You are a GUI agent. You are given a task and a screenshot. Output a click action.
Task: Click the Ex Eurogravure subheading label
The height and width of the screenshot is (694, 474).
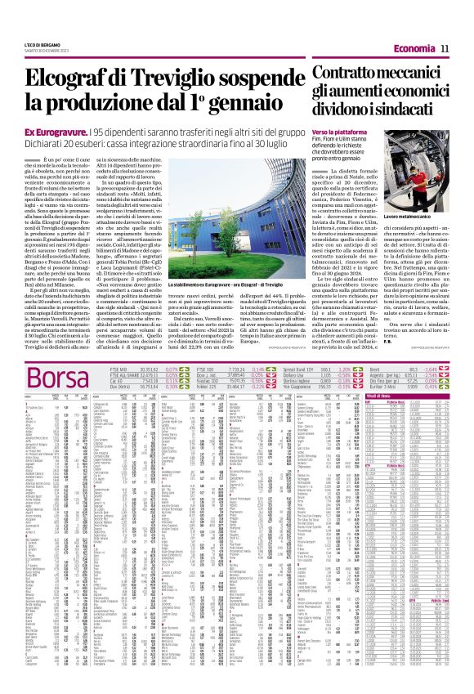[x=56, y=132]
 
